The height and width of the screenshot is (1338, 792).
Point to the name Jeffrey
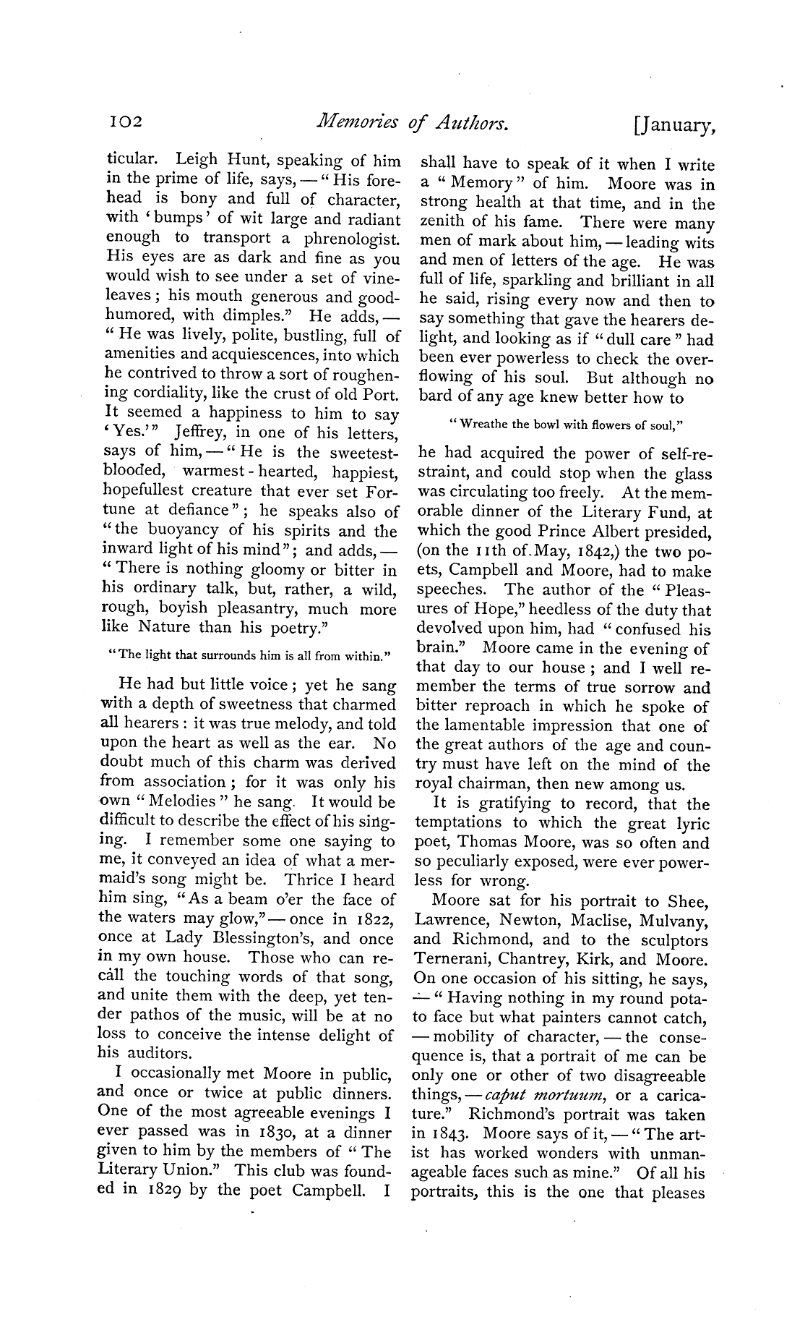[x=200, y=432]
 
